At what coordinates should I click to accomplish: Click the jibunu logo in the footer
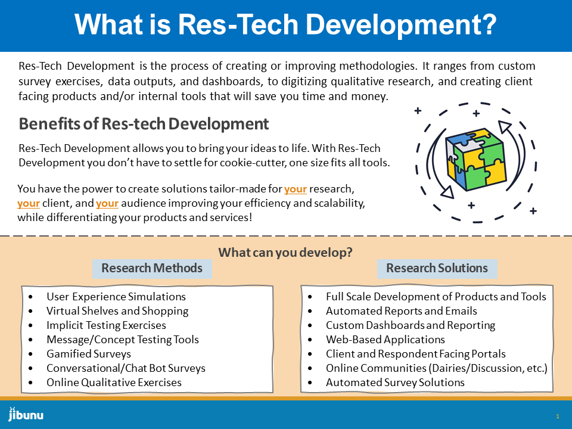pos(26,415)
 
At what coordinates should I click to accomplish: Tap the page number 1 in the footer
pos(558,416)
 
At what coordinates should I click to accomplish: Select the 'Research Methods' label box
pos(152,269)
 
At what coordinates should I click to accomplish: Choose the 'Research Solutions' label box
pos(437,269)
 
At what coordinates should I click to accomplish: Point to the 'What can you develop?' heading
pos(285,252)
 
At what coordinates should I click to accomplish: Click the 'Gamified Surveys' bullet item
pos(89,354)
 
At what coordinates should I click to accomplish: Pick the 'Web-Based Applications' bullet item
pos(386,340)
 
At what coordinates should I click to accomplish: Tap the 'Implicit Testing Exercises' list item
pos(106,325)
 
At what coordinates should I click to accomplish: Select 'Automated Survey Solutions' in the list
pos(395,383)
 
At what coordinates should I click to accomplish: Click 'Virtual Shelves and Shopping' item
pos(117,311)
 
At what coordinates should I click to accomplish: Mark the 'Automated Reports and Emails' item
pos(401,311)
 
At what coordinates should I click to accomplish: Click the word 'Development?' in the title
pos(401,25)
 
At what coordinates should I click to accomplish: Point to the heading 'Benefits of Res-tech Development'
pos(144,124)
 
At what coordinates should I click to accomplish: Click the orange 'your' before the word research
pos(296,189)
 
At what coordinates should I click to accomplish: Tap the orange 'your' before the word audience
pos(107,203)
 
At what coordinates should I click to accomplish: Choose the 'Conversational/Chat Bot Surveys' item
pos(126,368)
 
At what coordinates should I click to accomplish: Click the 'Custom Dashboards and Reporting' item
pos(411,325)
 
